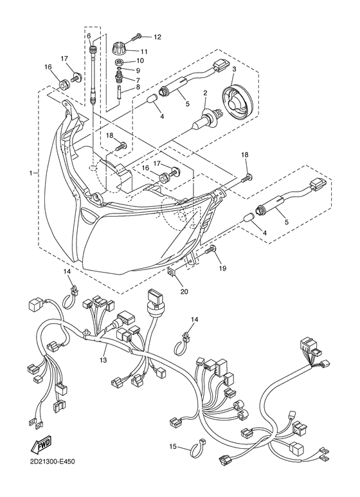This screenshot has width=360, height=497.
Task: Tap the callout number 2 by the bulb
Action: pyautogui.click(x=205, y=94)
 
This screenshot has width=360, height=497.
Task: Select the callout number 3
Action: pyautogui.click(x=235, y=69)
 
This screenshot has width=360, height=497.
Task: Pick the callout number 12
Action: pyautogui.click(x=157, y=37)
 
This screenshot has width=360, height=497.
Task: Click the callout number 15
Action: pyautogui.click(x=172, y=446)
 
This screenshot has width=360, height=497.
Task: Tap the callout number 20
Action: pyautogui.click(x=185, y=291)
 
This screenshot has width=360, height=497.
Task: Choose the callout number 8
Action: pyautogui.click(x=137, y=87)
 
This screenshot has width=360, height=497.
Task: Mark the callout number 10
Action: pyautogui.click(x=139, y=61)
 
